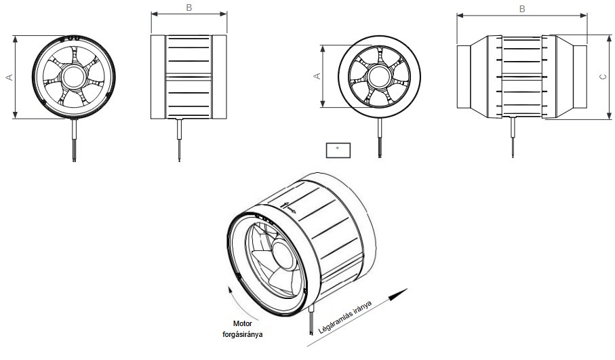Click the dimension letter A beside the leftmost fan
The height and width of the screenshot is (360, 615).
pos(9,78)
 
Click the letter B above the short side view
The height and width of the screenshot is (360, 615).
pos(189,8)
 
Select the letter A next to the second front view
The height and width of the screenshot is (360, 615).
pos(316,77)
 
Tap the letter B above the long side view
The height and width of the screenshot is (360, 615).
pos(521,8)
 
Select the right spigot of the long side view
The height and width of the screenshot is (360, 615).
pos(573,78)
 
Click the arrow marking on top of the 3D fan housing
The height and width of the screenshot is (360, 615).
pos(287,207)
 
